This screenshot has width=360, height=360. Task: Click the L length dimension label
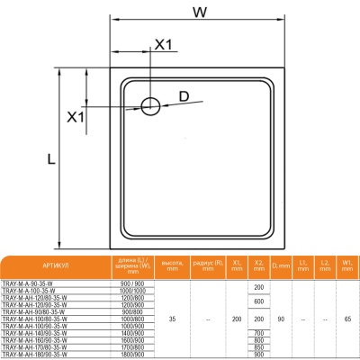point(52,158)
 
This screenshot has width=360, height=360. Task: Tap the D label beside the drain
point(184,95)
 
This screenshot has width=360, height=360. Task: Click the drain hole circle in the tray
point(150,106)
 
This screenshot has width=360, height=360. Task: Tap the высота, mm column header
point(173,267)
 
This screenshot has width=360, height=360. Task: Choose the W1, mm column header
point(346,267)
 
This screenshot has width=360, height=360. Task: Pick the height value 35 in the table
point(173,320)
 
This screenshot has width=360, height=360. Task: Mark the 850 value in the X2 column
point(259,347)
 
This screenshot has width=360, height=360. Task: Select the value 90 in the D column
point(281,320)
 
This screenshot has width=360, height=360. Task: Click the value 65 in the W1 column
point(346,320)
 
